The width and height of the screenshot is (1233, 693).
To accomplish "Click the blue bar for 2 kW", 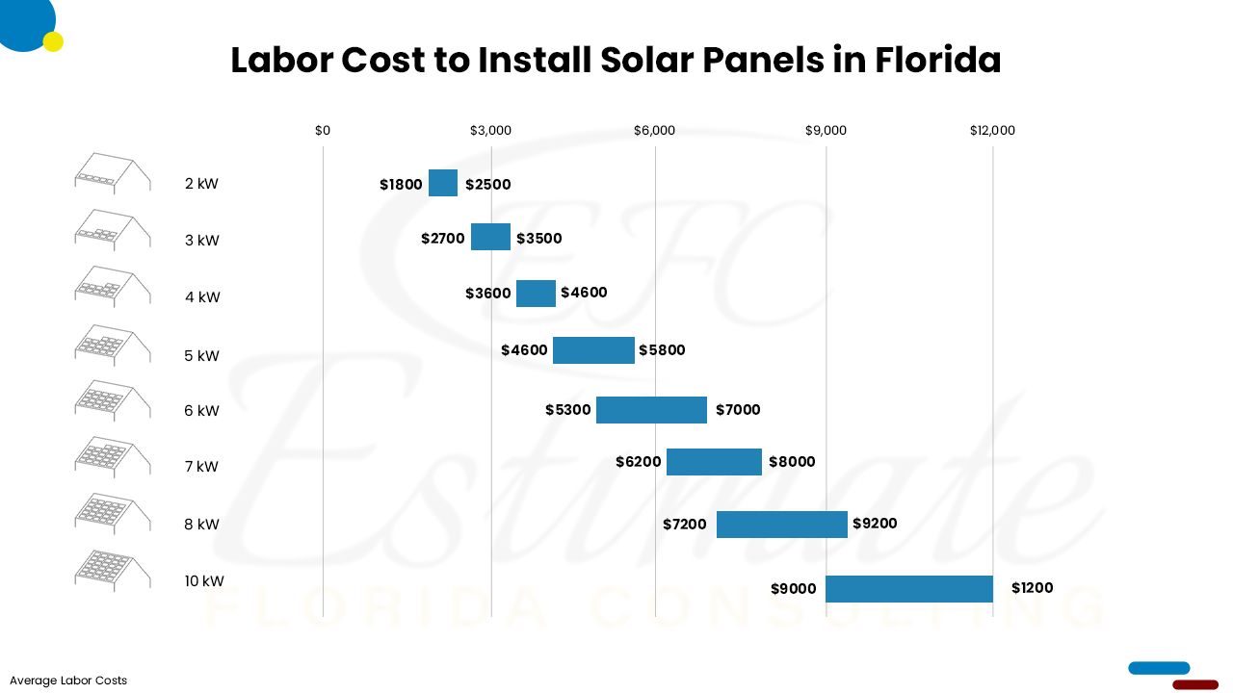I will pos(443,183).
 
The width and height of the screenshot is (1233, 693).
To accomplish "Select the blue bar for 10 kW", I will pos(909,589).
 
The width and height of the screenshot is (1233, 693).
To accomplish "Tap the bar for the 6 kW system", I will pos(651,410).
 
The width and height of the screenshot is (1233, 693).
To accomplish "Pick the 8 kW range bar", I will pos(781,525).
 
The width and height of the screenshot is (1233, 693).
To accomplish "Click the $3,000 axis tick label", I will pos(490,131).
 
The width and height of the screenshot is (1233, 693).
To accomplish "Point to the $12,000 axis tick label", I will pos(992,131).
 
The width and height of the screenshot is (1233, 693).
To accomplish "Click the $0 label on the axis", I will pos(323,131).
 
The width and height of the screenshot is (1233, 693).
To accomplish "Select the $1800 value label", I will pos(401,185).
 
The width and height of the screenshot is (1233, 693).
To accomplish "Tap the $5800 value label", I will pos(662,350).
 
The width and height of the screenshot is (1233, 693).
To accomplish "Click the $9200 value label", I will pos(874,524).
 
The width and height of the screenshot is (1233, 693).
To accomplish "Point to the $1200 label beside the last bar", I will pos(1032,588).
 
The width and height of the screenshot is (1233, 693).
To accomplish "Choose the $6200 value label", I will pos(639,462).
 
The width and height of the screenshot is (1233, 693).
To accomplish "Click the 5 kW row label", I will pos(202,356).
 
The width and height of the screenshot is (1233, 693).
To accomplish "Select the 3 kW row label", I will pos(202,241).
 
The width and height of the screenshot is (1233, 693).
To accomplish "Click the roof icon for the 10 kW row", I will pos(113,569).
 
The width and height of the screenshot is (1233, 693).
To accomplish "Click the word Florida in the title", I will pos(937,61).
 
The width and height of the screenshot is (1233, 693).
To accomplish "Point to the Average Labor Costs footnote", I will pos(68,680).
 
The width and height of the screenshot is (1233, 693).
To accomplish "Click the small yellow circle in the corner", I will pos(53,41).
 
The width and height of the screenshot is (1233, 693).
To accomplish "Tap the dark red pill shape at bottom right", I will pos(1195,684).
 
